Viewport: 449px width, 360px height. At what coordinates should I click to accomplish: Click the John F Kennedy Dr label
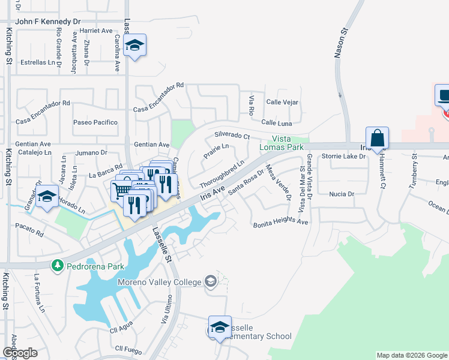click(48, 21)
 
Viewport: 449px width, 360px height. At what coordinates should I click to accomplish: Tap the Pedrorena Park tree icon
click(58, 265)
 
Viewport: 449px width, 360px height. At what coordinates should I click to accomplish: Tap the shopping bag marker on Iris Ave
click(377, 139)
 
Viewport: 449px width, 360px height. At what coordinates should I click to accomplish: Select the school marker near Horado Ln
click(47, 197)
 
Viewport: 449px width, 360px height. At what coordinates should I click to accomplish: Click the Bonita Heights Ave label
click(280, 222)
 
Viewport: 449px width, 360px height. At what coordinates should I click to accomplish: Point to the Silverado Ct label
click(232, 136)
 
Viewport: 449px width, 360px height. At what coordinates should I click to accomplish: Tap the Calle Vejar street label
click(282, 102)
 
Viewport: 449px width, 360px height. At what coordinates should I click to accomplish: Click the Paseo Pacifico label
click(95, 122)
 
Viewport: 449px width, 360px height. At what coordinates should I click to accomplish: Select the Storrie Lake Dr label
click(343, 157)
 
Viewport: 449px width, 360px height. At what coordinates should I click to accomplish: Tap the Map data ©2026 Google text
click(411, 355)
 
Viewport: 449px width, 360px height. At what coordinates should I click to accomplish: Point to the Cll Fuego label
click(127, 348)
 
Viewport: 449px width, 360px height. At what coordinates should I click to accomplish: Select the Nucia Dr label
click(342, 194)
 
